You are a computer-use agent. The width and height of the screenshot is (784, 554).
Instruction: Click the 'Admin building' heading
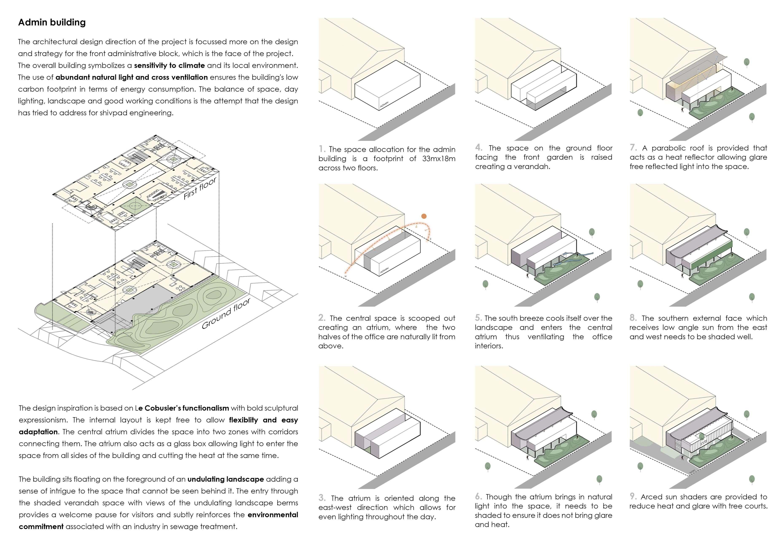click(x=52, y=23)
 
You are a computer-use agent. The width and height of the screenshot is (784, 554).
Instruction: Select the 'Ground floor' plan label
click(x=226, y=313)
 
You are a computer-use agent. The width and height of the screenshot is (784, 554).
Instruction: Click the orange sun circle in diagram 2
click(x=424, y=216)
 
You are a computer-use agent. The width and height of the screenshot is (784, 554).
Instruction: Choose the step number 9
click(x=633, y=496)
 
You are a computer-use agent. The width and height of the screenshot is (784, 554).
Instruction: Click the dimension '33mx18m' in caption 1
click(x=438, y=159)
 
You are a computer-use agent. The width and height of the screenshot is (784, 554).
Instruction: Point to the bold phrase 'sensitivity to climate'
click(x=169, y=65)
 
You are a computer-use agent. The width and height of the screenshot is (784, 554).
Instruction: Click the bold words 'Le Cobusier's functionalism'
click(x=182, y=408)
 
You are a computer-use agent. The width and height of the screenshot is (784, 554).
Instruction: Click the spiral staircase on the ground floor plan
click(x=91, y=311)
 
